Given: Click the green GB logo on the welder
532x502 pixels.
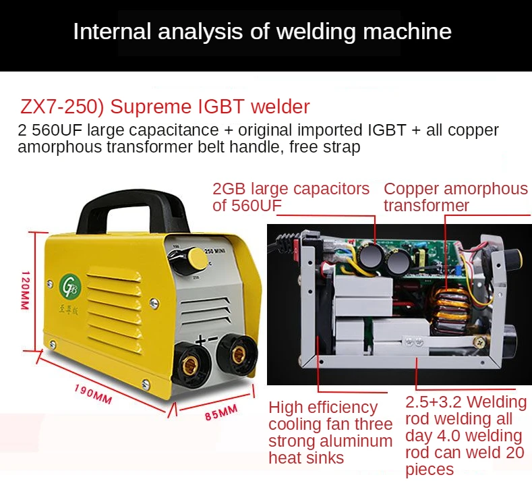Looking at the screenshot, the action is point(70,283).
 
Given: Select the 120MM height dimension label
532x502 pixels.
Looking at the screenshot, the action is point(25,290).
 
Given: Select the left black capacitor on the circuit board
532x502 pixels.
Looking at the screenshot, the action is point(372,257).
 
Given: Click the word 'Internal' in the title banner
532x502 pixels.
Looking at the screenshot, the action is point(109,32).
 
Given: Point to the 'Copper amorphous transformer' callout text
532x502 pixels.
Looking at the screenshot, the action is point(455,197).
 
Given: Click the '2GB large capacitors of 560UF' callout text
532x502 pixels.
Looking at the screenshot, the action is point(291,197).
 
